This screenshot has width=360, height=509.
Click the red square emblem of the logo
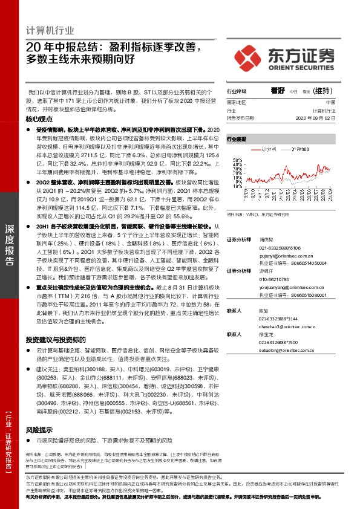[249, 58]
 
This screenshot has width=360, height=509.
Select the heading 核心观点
[40, 120]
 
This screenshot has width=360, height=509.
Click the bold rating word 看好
[278, 90]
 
